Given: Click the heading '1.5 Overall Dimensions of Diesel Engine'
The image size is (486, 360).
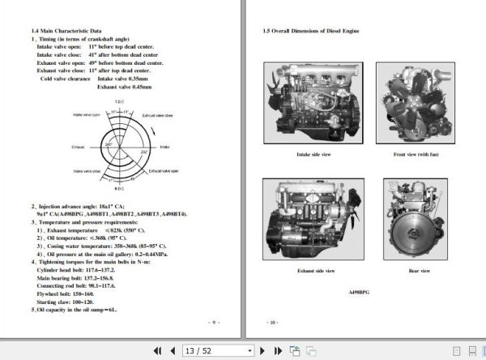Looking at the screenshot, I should pyautogui.click(x=311, y=31).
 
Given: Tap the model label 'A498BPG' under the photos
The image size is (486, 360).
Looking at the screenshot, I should pyautogui.click(x=358, y=290).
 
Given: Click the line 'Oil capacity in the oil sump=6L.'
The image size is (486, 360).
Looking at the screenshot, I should pyautogui.click(x=75, y=309).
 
